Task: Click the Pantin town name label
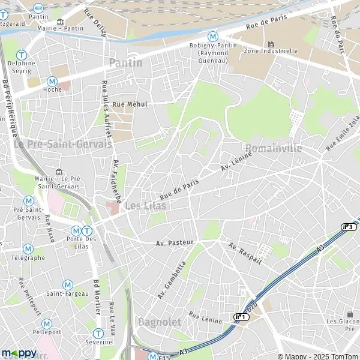click(x=126, y=63)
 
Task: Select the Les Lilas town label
click(x=146, y=206)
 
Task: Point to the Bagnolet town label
click(x=160, y=322)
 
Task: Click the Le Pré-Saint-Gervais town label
click(x=63, y=145)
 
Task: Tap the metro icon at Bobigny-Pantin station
click(x=212, y=37)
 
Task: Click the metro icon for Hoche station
click(x=52, y=81)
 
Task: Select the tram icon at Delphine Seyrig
click(x=22, y=54)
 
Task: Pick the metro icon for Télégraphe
click(x=28, y=248)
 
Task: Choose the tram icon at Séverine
click(x=98, y=333)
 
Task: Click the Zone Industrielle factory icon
click(x=271, y=44)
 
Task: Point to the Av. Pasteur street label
click(x=175, y=243)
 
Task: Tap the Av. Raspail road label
click(x=245, y=254)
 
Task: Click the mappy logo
click(x=19, y=353)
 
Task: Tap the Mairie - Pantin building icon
click(x=60, y=23)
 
